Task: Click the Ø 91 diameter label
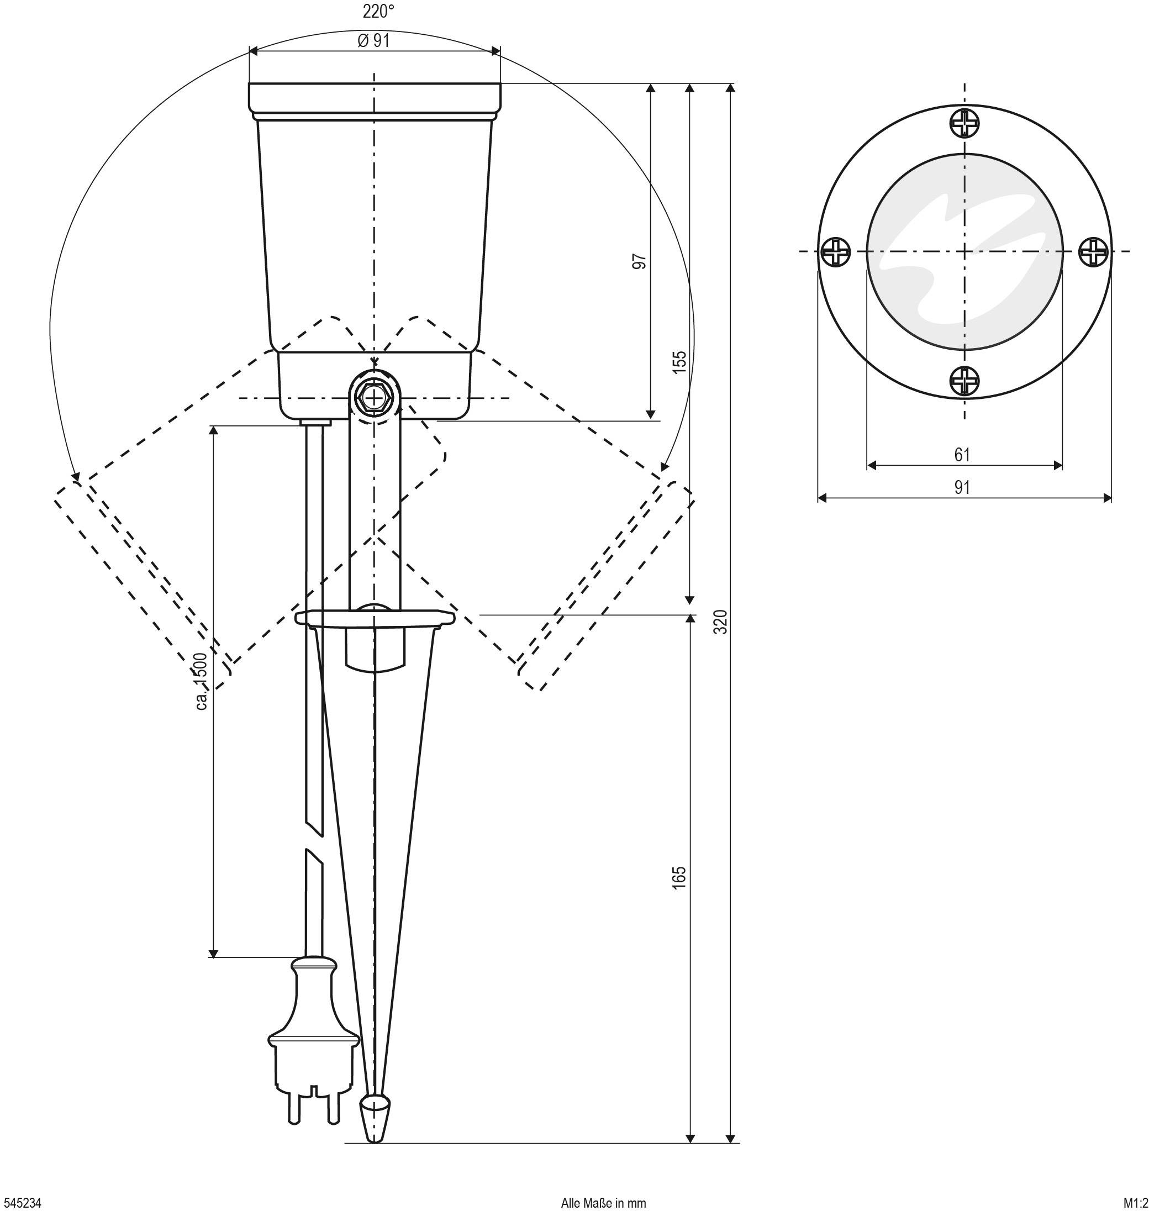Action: pos(373,41)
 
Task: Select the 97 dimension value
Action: pos(640,261)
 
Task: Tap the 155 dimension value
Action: pos(680,362)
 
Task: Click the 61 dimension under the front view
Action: pos(962,455)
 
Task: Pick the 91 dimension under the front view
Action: pos(962,488)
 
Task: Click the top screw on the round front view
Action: pos(964,124)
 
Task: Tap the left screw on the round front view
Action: pos(835,252)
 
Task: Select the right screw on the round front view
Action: pos(1093,252)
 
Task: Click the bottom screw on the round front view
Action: pos(964,381)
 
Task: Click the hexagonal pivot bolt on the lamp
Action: pos(374,398)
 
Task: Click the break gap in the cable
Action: pos(314,844)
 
